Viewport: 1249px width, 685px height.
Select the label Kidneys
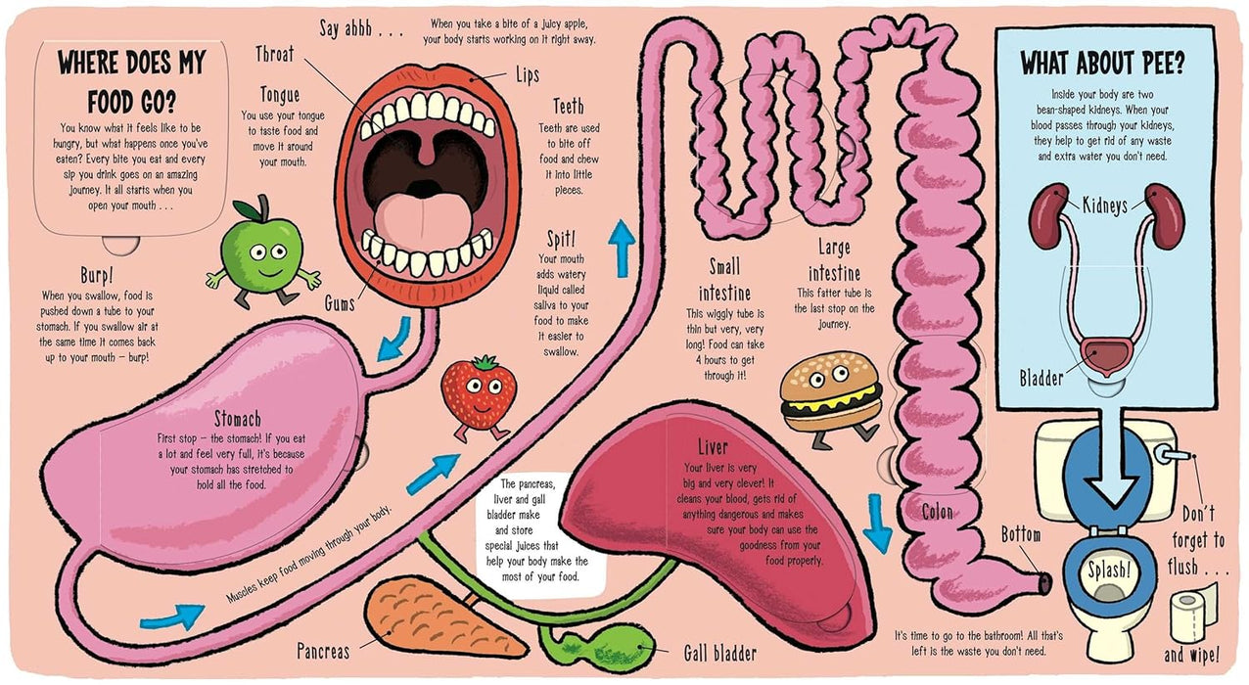1105,205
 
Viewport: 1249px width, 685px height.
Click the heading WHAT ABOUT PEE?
1102,65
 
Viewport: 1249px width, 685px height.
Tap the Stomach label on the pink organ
237,418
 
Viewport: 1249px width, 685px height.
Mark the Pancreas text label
323,649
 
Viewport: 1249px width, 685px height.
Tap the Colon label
937,511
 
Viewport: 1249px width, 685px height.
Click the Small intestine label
725,280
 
